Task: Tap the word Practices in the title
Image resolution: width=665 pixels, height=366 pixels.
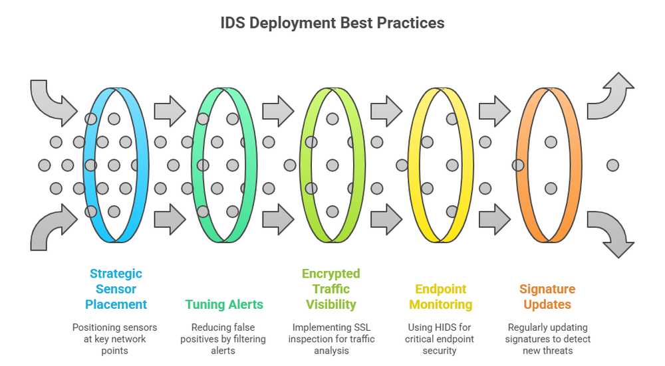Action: click(410, 23)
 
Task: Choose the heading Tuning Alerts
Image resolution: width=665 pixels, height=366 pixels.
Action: click(224, 305)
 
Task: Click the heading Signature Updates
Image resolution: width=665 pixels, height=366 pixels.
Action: click(547, 297)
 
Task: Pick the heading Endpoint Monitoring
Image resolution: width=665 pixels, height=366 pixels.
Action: click(440, 297)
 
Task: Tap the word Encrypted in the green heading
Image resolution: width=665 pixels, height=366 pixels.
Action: click(331, 274)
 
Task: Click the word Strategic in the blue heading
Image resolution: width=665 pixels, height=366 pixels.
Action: click(116, 274)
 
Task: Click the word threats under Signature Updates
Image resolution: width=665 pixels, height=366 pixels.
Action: click(559, 351)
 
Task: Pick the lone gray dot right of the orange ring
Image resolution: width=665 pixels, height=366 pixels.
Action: click(612, 165)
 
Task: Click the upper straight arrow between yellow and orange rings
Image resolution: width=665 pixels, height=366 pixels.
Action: click(494, 109)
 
